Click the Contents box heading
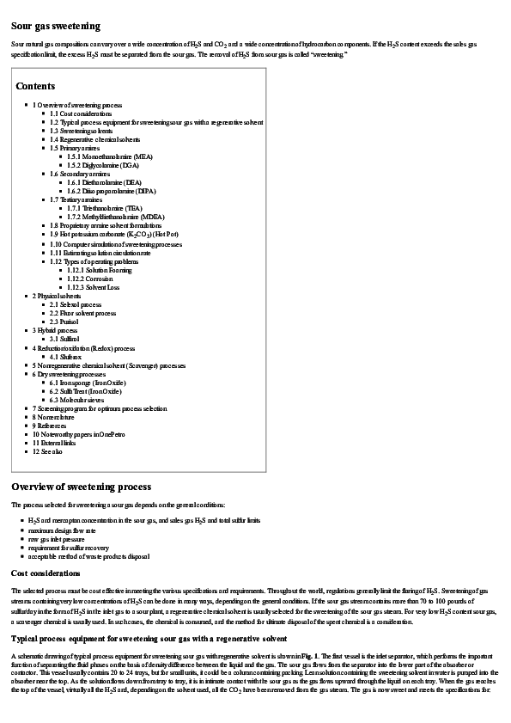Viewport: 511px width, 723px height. click(x=35, y=86)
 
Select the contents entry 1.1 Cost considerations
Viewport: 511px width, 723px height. click(x=81, y=113)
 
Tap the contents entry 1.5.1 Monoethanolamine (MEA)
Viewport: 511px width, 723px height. click(x=110, y=156)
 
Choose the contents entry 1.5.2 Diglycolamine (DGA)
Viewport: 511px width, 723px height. click(x=103, y=165)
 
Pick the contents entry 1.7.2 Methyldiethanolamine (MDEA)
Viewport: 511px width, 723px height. click(x=116, y=217)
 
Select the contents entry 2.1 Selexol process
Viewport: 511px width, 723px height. click(x=76, y=304)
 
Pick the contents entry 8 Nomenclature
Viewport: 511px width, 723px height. click(x=56, y=417)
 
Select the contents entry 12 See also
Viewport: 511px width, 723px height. click(x=49, y=452)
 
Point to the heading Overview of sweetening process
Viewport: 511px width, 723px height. click(x=81, y=487)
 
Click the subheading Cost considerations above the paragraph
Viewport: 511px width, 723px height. click(x=46, y=573)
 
